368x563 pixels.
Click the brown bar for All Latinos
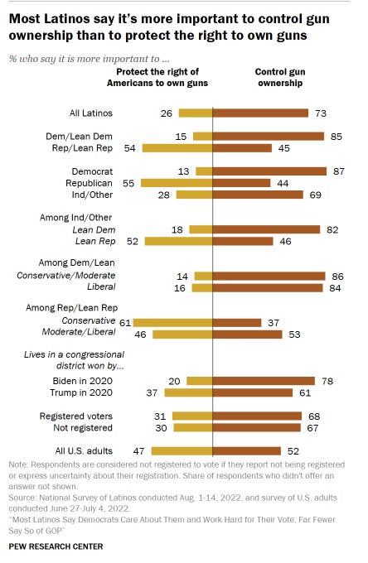260,113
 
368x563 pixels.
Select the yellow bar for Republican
177,183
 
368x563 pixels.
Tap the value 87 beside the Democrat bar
338,171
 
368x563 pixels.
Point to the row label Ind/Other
92,195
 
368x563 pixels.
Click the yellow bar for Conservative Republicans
172,323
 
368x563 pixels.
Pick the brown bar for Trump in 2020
253,392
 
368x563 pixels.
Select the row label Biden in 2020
82,381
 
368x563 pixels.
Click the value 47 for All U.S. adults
138,451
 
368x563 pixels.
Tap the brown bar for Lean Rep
243,241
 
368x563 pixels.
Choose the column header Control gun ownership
280,77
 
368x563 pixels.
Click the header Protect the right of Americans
157,77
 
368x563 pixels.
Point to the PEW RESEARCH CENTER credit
56,546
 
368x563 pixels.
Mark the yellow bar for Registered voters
192,416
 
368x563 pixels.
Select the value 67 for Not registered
312,428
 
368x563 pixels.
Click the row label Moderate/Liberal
79,332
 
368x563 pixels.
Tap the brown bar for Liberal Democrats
268,287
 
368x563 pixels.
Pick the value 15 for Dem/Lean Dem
181,137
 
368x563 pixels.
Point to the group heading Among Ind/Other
75,218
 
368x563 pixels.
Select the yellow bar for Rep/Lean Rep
177,148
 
